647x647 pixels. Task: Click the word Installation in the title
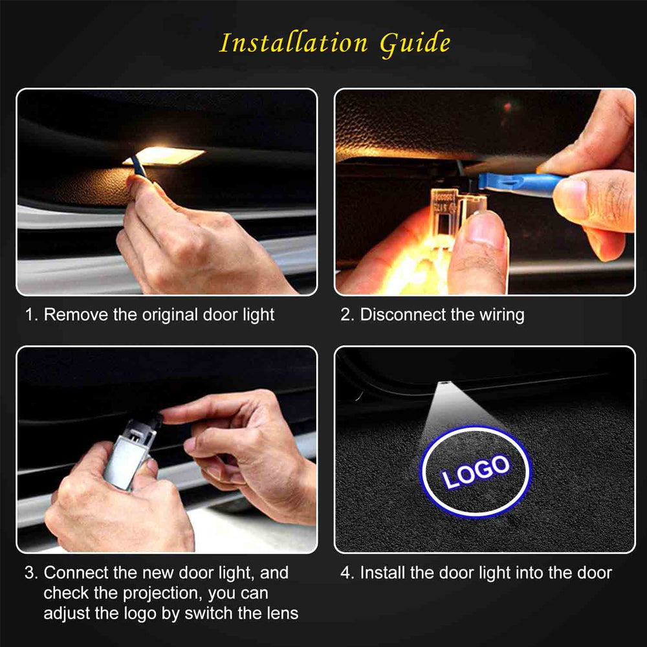(293, 43)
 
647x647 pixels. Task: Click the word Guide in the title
(415, 44)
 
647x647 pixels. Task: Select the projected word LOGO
(476, 470)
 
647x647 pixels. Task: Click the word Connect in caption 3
(74, 573)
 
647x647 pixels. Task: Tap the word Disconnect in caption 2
(399, 315)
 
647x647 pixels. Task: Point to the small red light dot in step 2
(508, 105)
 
